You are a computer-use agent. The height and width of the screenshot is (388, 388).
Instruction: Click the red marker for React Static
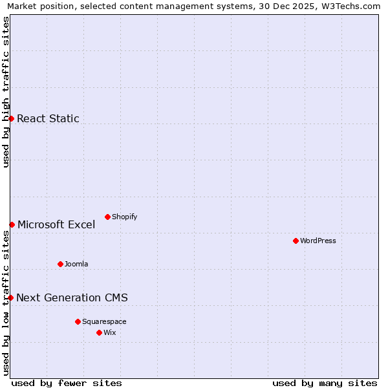(11, 118)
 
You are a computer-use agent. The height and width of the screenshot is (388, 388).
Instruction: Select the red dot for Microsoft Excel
(12, 224)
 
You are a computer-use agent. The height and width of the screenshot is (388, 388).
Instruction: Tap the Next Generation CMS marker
(11, 297)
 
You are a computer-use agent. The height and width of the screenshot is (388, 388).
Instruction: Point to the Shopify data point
(107, 217)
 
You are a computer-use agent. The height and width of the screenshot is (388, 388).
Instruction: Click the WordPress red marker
(296, 241)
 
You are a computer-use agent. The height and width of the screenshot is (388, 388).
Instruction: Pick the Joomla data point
(60, 264)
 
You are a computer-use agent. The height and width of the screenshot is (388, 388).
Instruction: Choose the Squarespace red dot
(78, 321)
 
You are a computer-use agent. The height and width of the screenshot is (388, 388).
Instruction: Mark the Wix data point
(99, 332)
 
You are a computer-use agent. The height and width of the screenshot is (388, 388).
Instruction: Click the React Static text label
(48, 118)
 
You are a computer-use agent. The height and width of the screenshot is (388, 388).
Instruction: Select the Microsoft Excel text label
(56, 224)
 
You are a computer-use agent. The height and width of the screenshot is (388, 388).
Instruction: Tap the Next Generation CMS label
(72, 297)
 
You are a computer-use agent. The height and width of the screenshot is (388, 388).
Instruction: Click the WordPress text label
(318, 241)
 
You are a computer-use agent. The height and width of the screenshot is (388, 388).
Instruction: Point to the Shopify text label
(124, 217)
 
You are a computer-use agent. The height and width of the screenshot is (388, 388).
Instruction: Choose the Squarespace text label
(104, 321)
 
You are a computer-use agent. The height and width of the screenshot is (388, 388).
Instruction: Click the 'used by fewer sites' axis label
(67, 383)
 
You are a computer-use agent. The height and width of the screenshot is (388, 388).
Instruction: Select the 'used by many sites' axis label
(325, 383)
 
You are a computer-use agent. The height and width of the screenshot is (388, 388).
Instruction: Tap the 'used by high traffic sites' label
(6, 92)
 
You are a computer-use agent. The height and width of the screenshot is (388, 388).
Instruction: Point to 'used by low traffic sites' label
(6, 304)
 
